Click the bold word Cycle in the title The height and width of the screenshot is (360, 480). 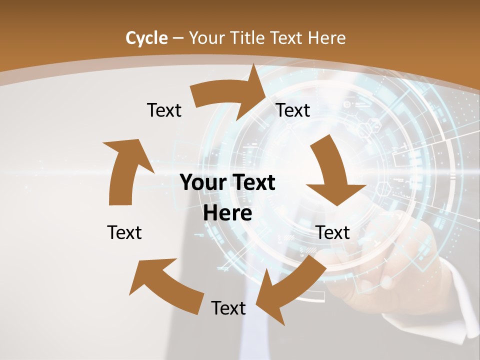coord(146,38)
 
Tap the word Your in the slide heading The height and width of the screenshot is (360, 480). coord(206,38)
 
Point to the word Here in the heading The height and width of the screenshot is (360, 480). coord(327,38)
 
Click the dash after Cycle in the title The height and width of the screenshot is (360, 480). coord(178,38)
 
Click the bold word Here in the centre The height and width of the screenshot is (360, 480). coord(227,213)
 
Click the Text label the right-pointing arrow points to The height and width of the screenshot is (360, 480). coord(293,110)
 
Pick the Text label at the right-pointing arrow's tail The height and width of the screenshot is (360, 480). coord(164,110)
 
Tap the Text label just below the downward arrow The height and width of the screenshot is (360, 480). coord(332,232)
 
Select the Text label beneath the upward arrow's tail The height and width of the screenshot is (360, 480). coord(124,232)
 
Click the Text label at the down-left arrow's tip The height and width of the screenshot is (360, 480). coord(228,308)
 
